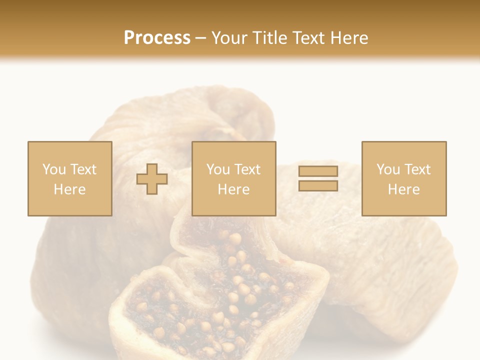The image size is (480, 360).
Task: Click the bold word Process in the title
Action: pyautogui.click(x=157, y=37)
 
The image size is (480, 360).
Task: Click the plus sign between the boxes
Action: pyautogui.click(x=152, y=179)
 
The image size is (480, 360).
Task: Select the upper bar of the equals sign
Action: pyautogui.click(x=318, y=171)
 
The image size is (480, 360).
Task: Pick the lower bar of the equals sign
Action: pyautogui.click(x=318, y=186)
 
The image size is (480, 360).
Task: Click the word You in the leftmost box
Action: pyautogui.click(x=54, y=169)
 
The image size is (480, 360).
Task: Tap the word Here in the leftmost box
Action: pyautogui.click(x=69, y=189)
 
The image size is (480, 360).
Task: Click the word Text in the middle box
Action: pyautogui.click(x=246, y=169)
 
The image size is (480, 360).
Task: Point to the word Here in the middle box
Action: pyautogui.click(x=233, y=189)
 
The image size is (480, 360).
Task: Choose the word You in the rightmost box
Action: pyautogui.click(x=388, y=169)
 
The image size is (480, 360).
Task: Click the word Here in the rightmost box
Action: pyautogui.click(x=403, y=189)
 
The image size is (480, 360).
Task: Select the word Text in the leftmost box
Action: pyautogui.click(x=82, y=169)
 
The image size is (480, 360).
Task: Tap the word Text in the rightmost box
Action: pyautogui.click(x=416, y=169)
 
